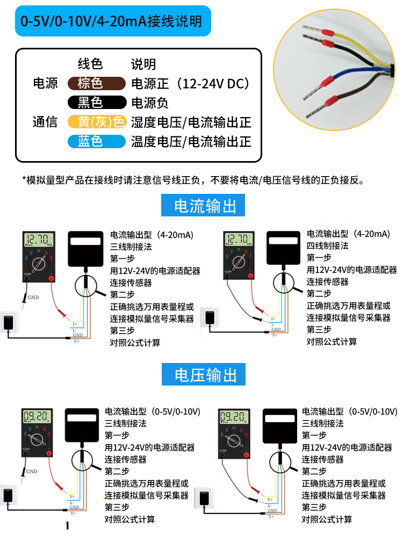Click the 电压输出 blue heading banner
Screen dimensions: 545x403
[x=206, y=374]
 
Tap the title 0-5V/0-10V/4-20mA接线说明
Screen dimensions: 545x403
[x=111, y=21]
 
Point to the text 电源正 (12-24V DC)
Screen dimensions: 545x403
[x=190, y=84]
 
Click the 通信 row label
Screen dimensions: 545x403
[x=45, y=122]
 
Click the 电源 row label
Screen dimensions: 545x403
[x=45, y=84]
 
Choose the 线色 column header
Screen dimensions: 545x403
[x=90, y=64]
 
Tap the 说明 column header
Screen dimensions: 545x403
[x=143, y=64]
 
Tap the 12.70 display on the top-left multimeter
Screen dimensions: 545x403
[x=39, y=239]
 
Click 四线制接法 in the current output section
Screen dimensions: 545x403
[x=327, y=246]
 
